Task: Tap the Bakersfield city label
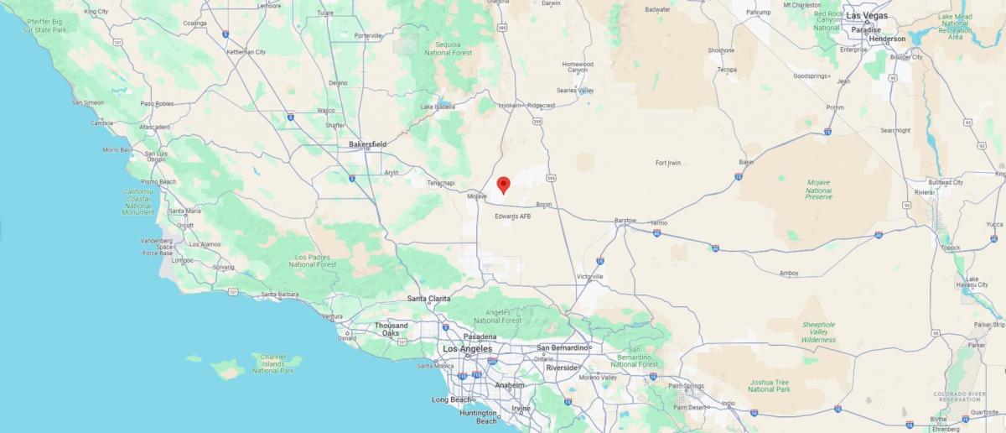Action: click(x=367, y=144)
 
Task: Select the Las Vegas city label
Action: click(x=868, y=15)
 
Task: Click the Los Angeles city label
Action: click(x=467, y=348)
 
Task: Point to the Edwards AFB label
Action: click(x=512, y=216)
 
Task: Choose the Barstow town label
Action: click(x=625, y=221)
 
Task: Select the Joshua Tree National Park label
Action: click(x=769, y=385)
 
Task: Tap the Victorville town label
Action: click(x=589, y=276)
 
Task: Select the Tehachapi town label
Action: click(x=440, y=182)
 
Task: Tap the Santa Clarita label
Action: click(x=428, y=299)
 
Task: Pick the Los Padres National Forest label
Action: click(x=313, y=260)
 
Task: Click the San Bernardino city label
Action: click(x=563, y=347)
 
